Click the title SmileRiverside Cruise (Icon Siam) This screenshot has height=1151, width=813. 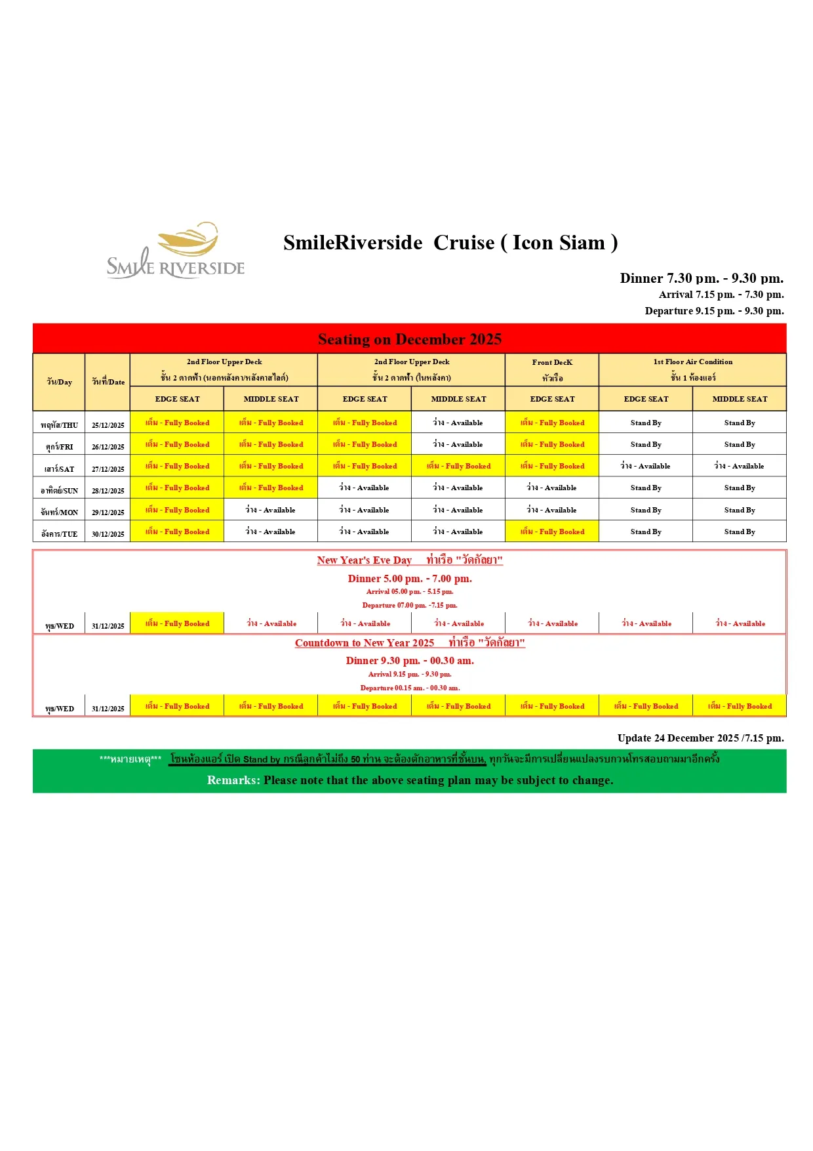[450, 243]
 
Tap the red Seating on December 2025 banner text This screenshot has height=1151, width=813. [410, 339]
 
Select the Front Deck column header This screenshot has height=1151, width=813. [552, 369]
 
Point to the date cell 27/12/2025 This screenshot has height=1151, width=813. [108, 469]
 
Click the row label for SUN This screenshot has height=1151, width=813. [59, 491]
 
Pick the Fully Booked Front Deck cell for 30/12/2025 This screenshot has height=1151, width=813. [552, 532]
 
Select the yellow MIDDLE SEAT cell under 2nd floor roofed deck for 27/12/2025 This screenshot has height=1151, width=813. [458, 466]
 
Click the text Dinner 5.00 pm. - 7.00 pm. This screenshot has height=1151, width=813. [410, 579]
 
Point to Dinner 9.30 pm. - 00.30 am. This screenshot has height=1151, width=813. [410, 661]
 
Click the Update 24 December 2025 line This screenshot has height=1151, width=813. [700, 738]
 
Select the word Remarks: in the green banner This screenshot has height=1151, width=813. [233, 780]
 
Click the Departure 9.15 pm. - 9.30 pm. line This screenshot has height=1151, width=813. [714, 311]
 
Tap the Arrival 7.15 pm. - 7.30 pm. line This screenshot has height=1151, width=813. [721, 295]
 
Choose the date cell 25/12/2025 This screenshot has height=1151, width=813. [108, 425]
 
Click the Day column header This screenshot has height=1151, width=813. [59, 382]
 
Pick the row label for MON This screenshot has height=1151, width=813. [59, 513]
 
